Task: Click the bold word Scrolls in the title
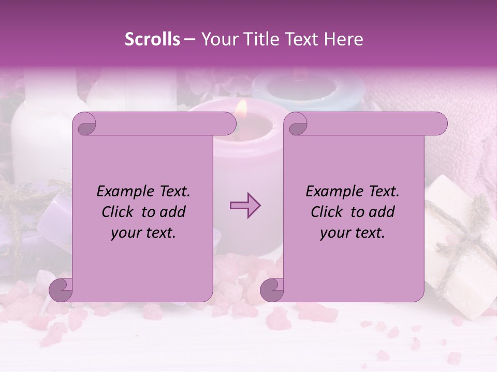152,39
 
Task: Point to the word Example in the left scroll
122,192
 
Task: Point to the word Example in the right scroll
331,192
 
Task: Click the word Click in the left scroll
118,212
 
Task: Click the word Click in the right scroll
327,212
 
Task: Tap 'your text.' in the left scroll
143,233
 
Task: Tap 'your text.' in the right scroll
353,233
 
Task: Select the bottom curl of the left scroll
61,290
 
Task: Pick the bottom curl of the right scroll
272,290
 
